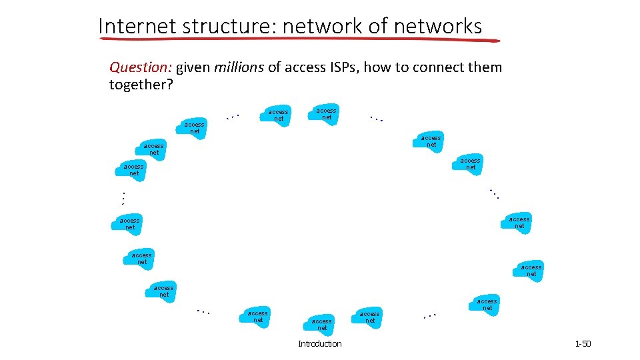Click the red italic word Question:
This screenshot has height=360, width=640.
[x=139, y=67]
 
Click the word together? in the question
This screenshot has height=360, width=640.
[x=141, y=85]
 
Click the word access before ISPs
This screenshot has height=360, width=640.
[x=305, y=67]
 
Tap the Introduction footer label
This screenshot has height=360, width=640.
[x=319, y=344]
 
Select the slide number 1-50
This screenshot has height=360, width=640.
[x=583, y=344]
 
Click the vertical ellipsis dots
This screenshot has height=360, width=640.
[x=123, y=198]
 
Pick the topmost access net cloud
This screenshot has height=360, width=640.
[x=325, y=113]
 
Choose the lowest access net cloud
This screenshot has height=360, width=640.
[x=321, y=324]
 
